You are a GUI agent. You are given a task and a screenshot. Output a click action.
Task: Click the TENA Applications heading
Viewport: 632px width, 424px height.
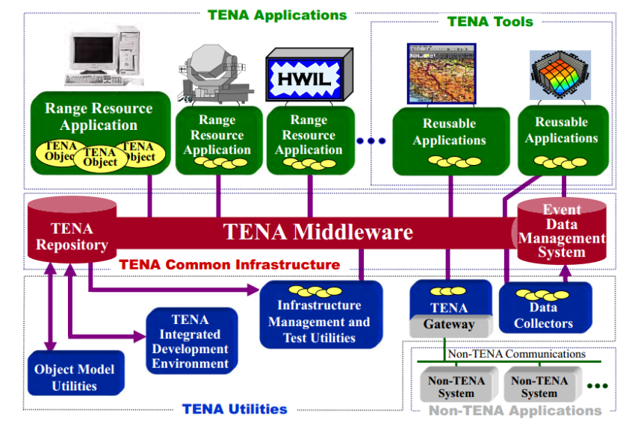click(277, 15)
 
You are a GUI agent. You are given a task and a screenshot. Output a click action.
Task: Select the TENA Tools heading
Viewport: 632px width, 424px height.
click(490, 22)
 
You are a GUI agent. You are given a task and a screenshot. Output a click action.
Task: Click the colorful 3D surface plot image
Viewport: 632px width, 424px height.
click(560, 75)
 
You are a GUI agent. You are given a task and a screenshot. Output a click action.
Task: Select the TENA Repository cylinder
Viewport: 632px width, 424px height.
click(72, 235)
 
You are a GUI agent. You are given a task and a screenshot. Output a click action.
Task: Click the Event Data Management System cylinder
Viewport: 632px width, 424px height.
click(561, 231)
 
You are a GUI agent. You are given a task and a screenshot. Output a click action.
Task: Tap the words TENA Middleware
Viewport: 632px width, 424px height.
click(318, 232)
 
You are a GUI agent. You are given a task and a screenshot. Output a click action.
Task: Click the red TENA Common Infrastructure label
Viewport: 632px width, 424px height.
click(229, 264)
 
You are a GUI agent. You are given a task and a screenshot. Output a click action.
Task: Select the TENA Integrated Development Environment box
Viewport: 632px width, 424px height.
click(190, 342)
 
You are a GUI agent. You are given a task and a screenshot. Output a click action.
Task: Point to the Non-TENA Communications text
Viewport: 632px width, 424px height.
click(516, 354)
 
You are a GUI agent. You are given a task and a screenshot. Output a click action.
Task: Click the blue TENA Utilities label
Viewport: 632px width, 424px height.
click(235, 408)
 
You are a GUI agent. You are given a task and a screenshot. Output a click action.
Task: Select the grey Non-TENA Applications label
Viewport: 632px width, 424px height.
click(515, 410)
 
